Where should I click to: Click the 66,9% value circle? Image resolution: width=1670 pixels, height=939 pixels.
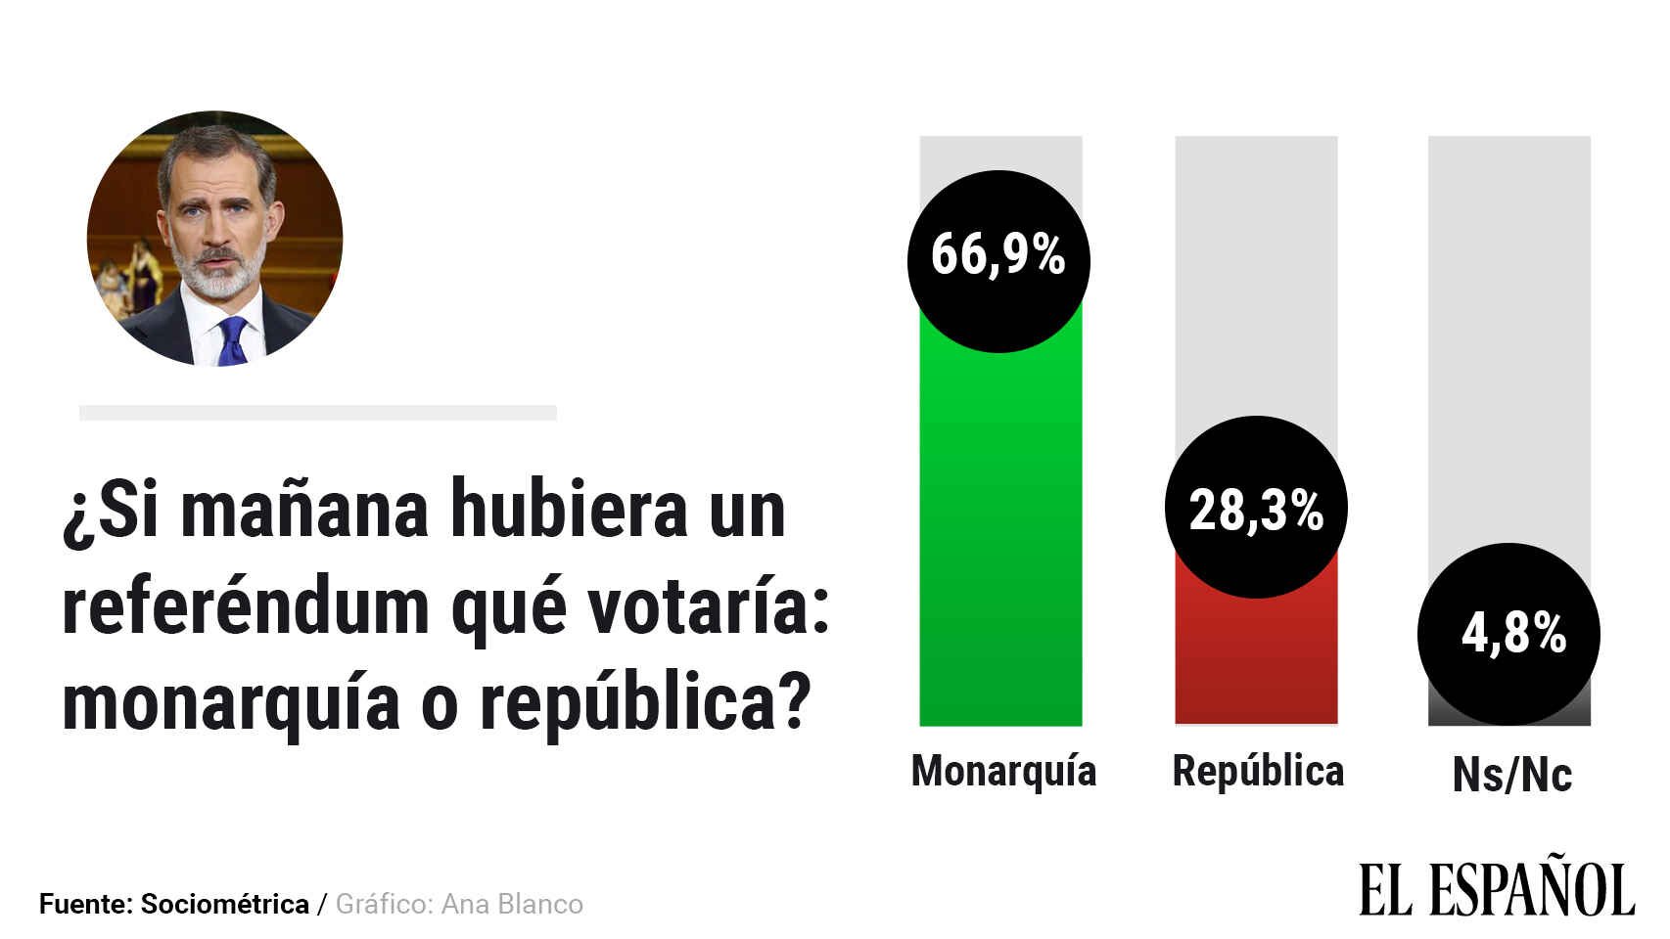[x=998, y=261]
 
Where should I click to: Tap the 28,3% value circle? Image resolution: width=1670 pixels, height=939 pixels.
[x=1256, y=507]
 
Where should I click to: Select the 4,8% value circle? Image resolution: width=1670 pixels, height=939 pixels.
[x=1508, y=634]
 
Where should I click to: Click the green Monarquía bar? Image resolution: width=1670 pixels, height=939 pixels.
[x=1000, y=538]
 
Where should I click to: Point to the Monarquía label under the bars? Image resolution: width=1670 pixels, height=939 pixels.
[x=1003, y=771]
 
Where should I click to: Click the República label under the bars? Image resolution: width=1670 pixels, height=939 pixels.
[x=1258, y=771]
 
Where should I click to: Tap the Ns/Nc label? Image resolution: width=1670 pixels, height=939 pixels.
[x=1511, y=775]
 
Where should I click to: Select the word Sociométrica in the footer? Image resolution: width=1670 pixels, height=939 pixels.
[x=224, y=904]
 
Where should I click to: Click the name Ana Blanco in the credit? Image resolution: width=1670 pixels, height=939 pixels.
[x=512, y=904]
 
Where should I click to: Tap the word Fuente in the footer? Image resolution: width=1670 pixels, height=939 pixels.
[x=84, y=904]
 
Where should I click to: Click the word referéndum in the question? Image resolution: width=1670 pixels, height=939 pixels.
[x=246, y=607]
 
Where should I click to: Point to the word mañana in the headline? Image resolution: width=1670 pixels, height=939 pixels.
[x=304, y=510]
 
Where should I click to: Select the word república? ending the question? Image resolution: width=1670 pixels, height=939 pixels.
[x=646, y=703]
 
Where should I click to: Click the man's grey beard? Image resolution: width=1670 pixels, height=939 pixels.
[x=216, y=277]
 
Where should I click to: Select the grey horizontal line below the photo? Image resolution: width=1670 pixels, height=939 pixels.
[x=317, y=413]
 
